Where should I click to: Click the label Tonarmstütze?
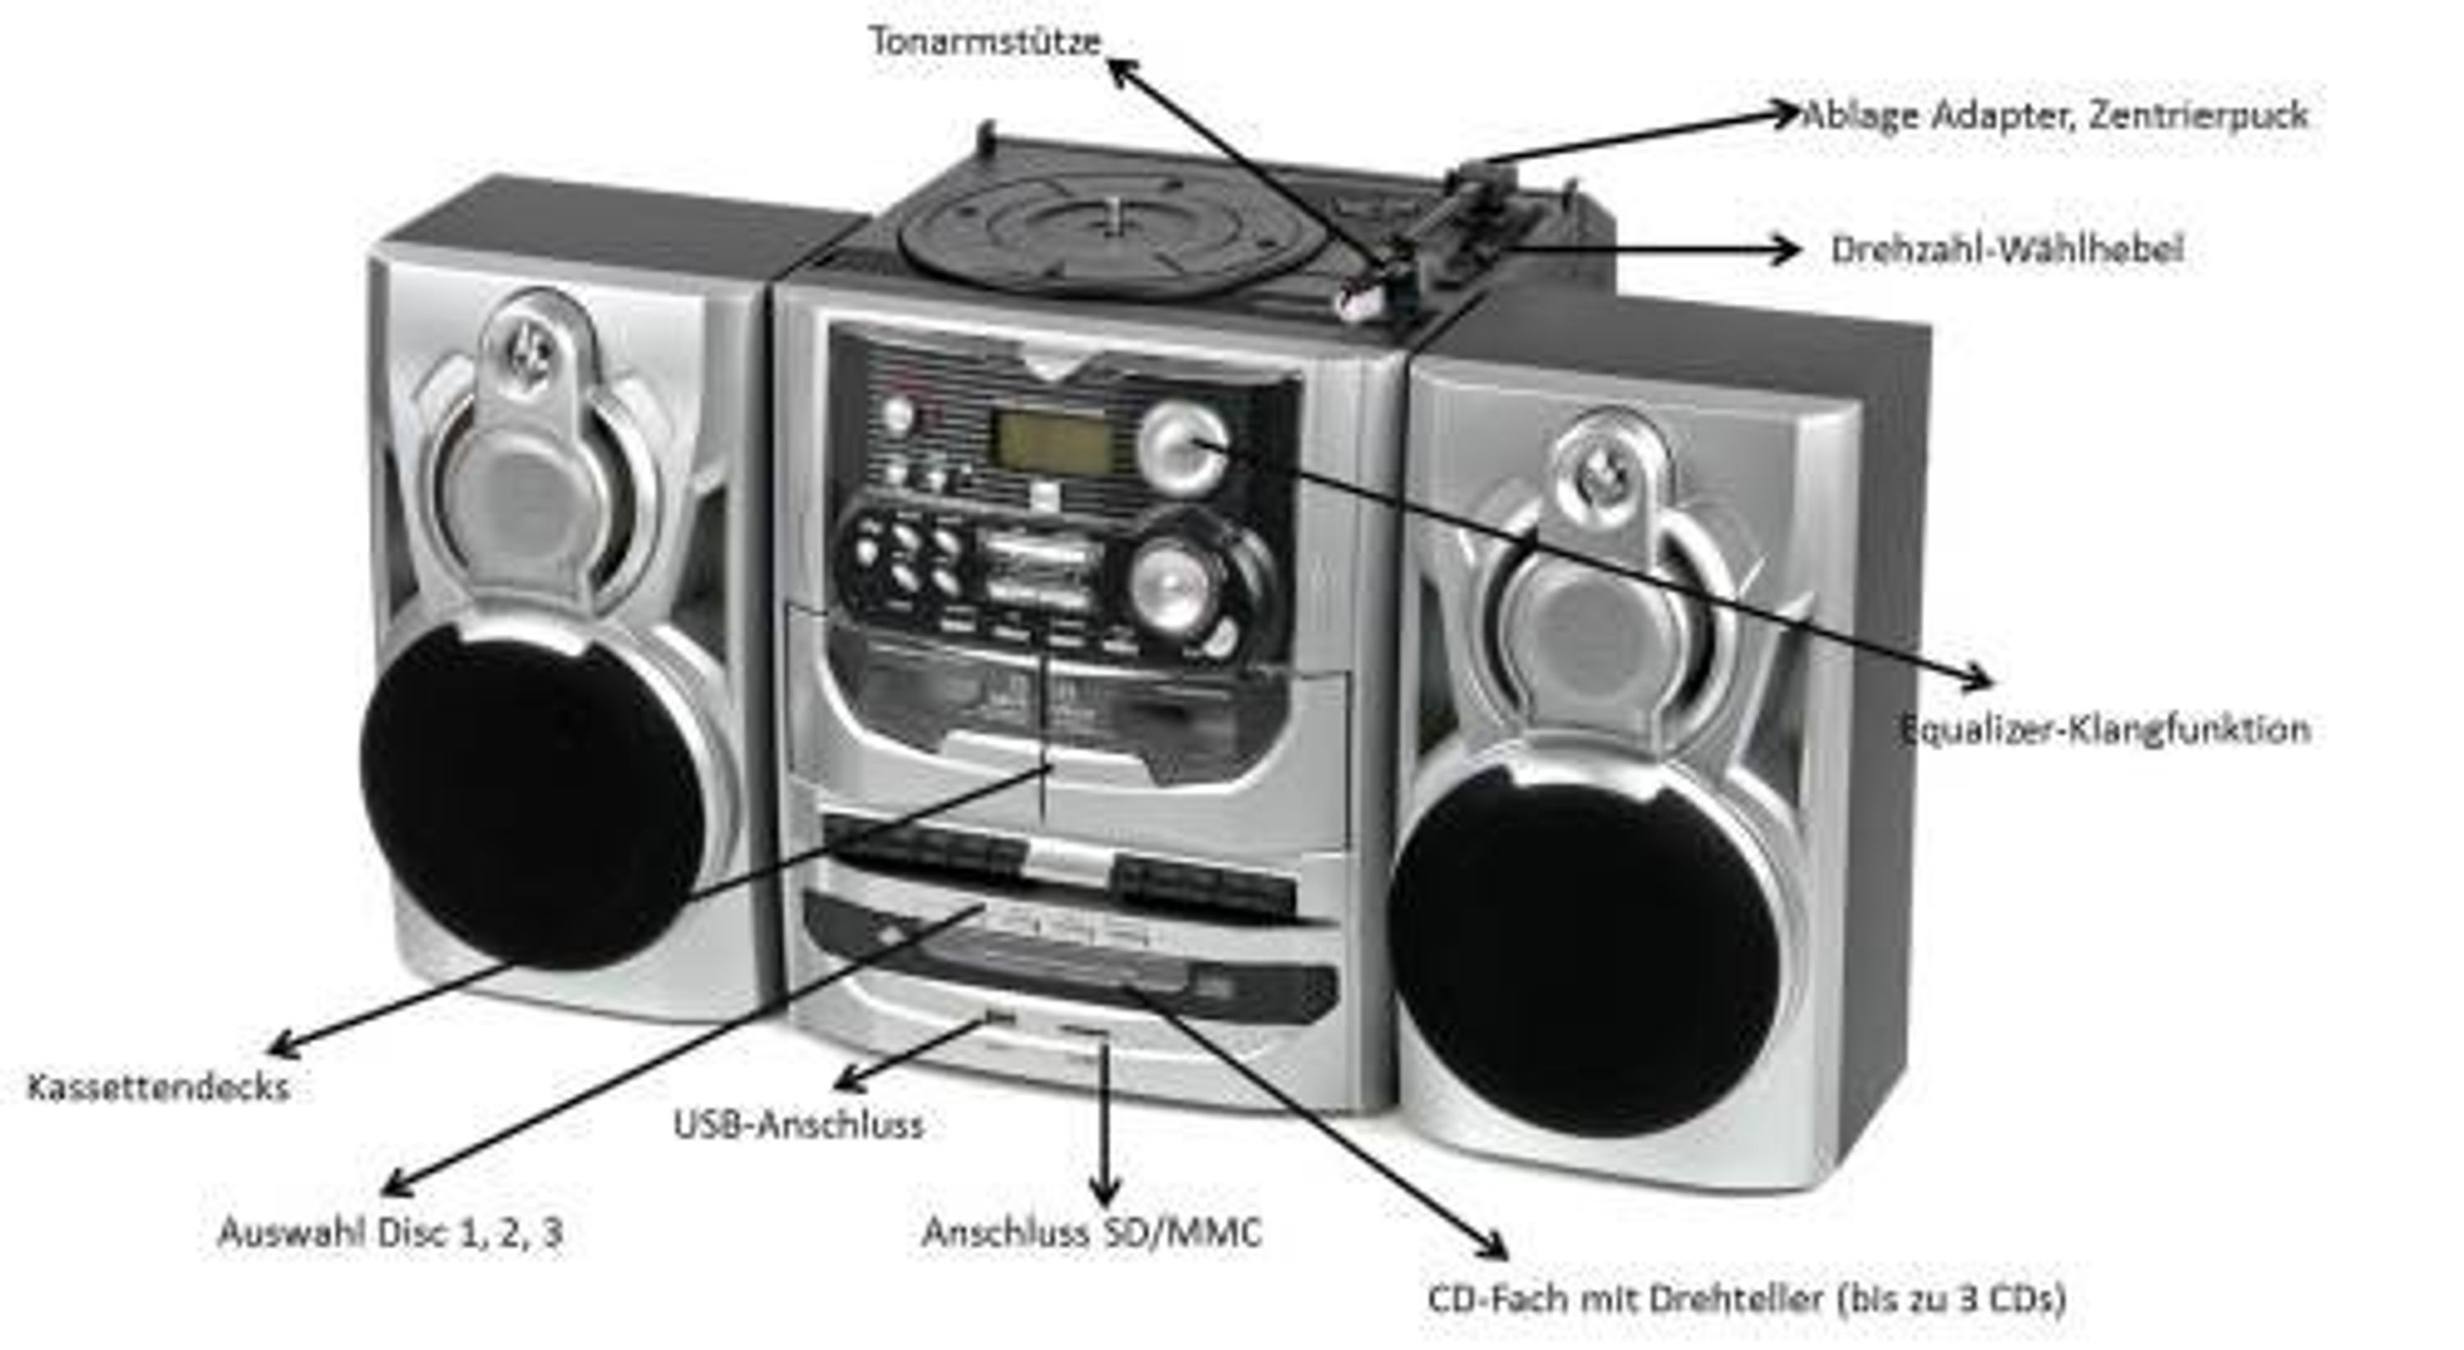click(x=986, y=41)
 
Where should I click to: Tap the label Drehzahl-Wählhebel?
click(x=2007, y=250)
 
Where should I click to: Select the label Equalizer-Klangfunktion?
click(x=2104, y=729)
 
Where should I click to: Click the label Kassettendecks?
click(x=158, y=1087)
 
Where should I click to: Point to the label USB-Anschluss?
click(x=798, y=1124)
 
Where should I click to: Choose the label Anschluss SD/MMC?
click(x=1092, y=1232)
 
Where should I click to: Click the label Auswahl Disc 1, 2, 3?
click(x=390, y=1232)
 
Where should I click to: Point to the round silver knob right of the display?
click(x=1184, y=447)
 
